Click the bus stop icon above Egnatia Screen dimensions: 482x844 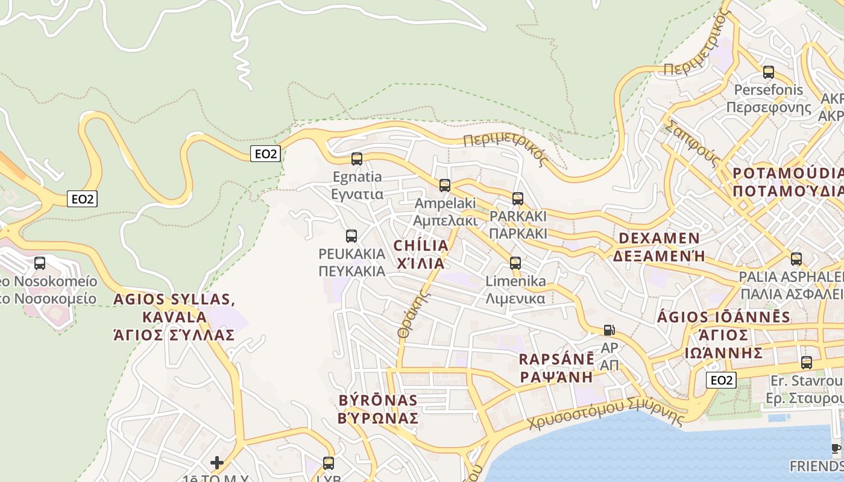(356, 159)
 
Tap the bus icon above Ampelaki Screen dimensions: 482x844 (445, 186)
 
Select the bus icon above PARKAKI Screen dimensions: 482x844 (517, 198)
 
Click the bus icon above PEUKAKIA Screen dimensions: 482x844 (351, 236)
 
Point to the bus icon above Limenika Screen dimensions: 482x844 (515, 263)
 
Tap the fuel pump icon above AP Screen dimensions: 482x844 (609, 330)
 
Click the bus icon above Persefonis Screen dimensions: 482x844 (769, 72)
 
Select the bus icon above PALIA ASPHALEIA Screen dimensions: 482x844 (796, 259)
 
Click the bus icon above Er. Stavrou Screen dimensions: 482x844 (807, 363)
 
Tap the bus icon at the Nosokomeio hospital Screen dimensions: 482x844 (40, 263)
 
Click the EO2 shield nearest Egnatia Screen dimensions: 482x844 (265, 154)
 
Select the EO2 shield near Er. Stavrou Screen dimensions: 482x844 (721, 380)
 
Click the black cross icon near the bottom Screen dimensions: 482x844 (217, 463)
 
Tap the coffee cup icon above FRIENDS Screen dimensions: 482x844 (836, 449)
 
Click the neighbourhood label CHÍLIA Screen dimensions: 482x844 (421, 246)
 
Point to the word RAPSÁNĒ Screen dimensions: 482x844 (556, 360)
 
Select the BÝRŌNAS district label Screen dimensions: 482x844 (378, 401)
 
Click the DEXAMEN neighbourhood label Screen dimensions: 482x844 (660, 238)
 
